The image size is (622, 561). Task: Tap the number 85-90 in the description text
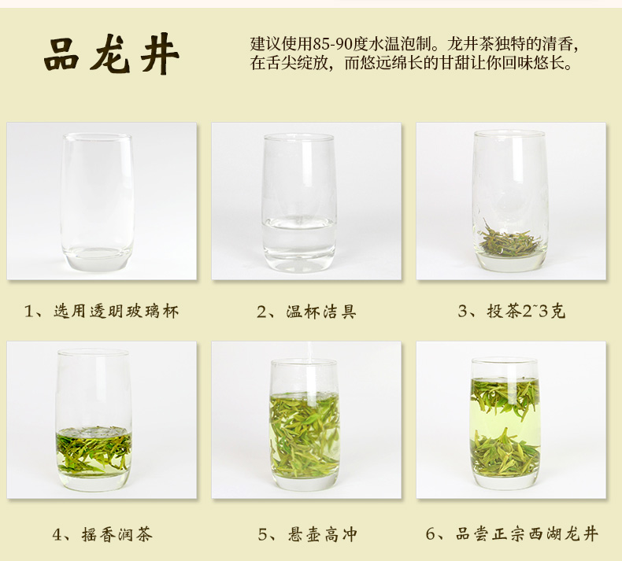tap(332, 44)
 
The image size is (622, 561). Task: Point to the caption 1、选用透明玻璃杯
tap(102, 312)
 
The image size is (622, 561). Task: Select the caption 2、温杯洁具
tap(306, 312)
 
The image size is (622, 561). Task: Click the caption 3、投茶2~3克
tap(511, 312)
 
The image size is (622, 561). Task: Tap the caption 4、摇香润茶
tap(102, 534)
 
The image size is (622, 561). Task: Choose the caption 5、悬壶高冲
tap(307, 534)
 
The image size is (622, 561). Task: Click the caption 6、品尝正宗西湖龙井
tap(512, 533)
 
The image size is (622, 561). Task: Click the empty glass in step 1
tap(97, 202)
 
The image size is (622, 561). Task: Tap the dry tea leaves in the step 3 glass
tap(510, 239)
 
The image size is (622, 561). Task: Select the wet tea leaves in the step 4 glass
tap(94, 448)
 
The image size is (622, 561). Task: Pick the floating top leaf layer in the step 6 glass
tap(505, 397)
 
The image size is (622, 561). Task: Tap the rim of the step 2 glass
tap(298, 138)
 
